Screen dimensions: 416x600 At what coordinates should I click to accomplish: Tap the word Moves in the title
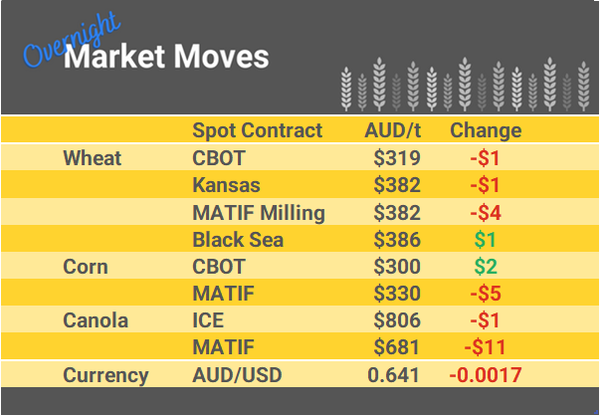(x=221, y=57)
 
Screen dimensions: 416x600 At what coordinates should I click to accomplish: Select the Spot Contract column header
(x=257, y=130)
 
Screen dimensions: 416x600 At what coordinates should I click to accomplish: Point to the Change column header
(x=486, y=130)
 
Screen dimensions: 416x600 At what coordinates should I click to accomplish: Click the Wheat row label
(x=92, y=158)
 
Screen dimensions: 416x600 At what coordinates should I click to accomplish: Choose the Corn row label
(x=86, y=267)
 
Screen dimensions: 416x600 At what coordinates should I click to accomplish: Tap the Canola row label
(x=97, y=320)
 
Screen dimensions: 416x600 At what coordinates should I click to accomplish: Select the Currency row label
(x=105, y=375)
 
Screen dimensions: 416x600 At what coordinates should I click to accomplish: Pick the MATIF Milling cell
(x=258, y=212)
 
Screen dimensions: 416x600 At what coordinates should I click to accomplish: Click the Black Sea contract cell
(x=238, y=239)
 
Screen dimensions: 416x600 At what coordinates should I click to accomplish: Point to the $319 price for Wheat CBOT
(x=397, y=158)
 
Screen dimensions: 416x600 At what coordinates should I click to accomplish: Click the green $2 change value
(x=485, y=267)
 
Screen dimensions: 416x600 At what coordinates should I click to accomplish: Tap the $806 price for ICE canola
(x=397, y=320)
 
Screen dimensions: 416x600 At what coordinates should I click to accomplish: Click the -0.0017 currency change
(x=485, y=375)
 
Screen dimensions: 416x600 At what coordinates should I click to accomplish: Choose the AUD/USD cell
(x=238, y=375)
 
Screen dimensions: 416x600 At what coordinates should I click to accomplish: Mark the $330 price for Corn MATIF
(x=397, y=294)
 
